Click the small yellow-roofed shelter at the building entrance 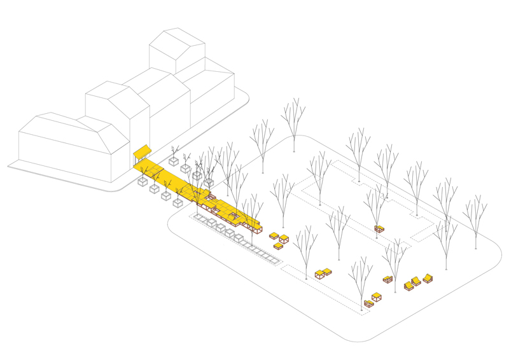click(x=142, y=153)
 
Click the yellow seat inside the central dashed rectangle click(x=379, y=228)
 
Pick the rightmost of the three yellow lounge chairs click(x=428, y=278)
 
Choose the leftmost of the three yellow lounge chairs click(x=408, y=286)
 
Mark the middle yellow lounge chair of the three click(x=417, y=281)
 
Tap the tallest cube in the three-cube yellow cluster click(x=284, y=239)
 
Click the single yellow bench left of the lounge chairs click(x=387, y=279)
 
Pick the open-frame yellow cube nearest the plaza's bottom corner click(x=377, y=296)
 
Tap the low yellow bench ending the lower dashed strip click(x=368, y=304)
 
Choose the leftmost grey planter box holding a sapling click(x=143, y=181)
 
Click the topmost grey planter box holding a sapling click(x=174, y=161)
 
